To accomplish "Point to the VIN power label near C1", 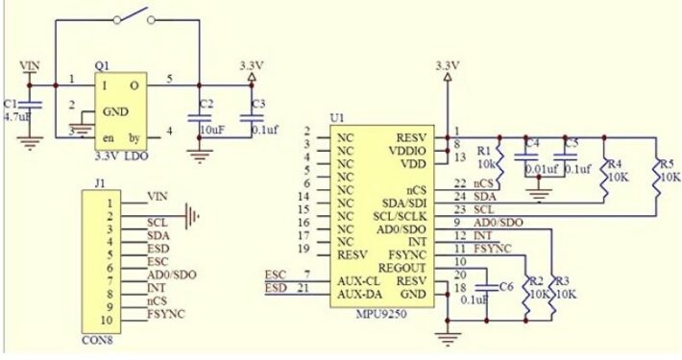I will pyautogui.click(x=31, y=64).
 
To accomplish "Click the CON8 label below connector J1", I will pyautogui.click(x=95, y=338).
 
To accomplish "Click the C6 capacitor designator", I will pyautogui.click(x=506, y=287).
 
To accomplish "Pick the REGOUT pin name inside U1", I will pyautogui.click(x=401, y=268).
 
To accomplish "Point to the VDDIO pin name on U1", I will pyautogui.click(x=406, y=151).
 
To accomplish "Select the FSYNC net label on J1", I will pyautogui.click(x=166, y=314).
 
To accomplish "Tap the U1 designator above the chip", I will pyautogui.click(x=336, y=117).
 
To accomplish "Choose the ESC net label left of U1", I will pyautogui.click(x=274, y=275).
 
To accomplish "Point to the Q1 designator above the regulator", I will pyautogui.click(x=102, y=64).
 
